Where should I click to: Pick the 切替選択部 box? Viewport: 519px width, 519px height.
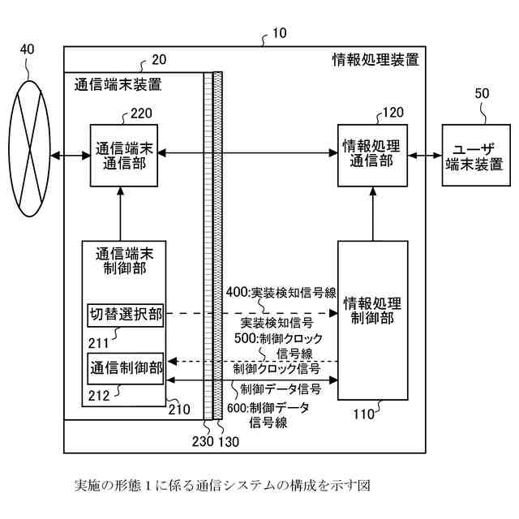pyautogui.click(x=125, y=315)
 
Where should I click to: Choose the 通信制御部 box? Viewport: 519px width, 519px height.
pyautogui.click(x=125, y=366)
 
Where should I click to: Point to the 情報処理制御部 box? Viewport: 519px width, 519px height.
pyautogui.click(x=372, y=320)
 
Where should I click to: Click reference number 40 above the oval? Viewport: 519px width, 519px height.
pyautogui.click(x=28, y=49)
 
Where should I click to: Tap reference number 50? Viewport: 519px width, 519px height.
pyautogui.click(x=482, y=94)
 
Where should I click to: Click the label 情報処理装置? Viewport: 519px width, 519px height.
pyautogui.click(x=375, y=59)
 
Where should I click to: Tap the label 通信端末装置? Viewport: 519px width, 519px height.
pyautogui.click(x=118, y=84)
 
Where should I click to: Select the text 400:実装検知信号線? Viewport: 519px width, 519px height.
pyautogui.click(x=281, y=292)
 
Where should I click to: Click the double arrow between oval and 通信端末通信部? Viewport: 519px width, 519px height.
pyautogui.click(x=70, y=154)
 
